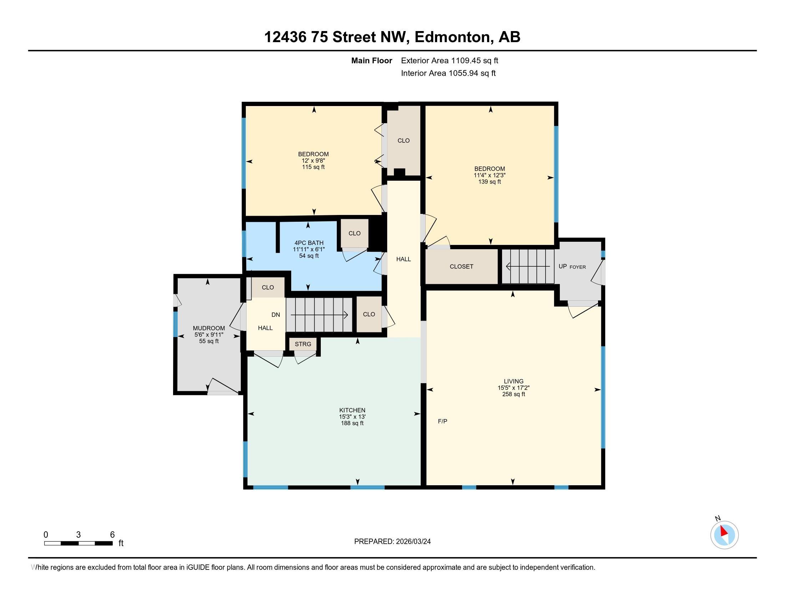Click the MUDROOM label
[x=209, y=328]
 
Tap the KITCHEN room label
[x=352, y=410]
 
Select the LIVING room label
[x=513, y=381]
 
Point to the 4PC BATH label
[x=309, y=243]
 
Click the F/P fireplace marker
[x=442, y=421]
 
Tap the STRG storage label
[x=303, y=344]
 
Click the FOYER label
[x=578, y=267]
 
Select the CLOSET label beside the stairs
[x=461, y=266]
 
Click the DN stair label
[x=276, y=315]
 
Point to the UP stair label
[x=562, y=266]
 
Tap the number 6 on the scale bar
[x=112, y=535]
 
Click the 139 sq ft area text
[x=490, y=182]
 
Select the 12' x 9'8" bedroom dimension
[x=313, y=160]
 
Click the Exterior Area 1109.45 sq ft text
[x=450, y=60]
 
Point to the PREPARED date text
[x=392, y=541]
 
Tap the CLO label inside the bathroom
[x=354, y=233]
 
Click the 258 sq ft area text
[x=513, y=394]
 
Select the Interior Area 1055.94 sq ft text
[x=448, y=73]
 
